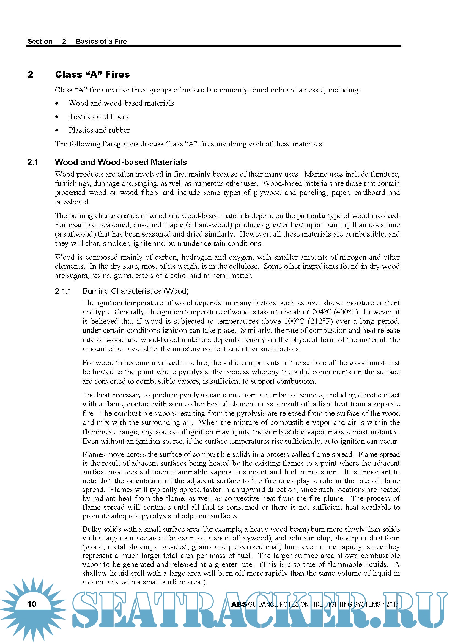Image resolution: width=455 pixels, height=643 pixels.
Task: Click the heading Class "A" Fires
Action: [92, 75]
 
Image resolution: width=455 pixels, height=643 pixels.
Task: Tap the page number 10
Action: [32, 604]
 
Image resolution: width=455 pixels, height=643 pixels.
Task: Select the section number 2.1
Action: [33, 162]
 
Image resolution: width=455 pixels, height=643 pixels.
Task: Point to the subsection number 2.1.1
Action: [63, 291]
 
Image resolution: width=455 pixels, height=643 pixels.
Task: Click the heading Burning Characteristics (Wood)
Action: [135, 291]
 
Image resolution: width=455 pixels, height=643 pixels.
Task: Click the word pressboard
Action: [72, 202]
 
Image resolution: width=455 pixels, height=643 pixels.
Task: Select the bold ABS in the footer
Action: [239, 604]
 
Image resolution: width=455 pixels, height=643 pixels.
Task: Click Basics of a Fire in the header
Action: [101, 42]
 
